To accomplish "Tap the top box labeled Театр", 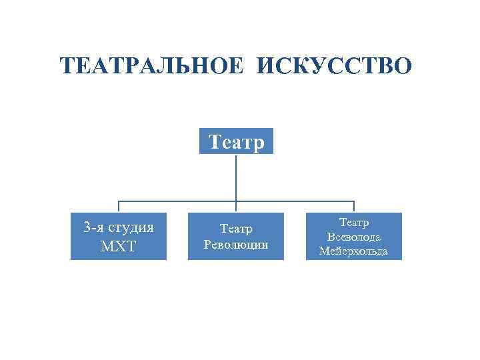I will pos(236,141).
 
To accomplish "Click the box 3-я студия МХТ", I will pos(119,236).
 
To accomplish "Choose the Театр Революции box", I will pos(236,236).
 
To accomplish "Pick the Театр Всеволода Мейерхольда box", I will pos(353,236).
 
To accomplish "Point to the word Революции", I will pos(236,244).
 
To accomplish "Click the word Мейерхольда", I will pos(353,251).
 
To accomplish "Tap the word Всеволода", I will pos(353,237).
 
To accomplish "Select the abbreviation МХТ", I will pos(119,246).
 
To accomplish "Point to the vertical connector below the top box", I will pos(236,177).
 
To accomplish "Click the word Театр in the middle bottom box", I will pos(236,229).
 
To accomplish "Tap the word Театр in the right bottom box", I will pos(353,222).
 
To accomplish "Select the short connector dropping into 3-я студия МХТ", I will pos(119,207).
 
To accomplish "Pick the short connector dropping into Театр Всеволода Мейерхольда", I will pos(354,207).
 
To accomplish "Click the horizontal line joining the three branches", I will pos(180,201).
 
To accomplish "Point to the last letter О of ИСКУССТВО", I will pos(403,66).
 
